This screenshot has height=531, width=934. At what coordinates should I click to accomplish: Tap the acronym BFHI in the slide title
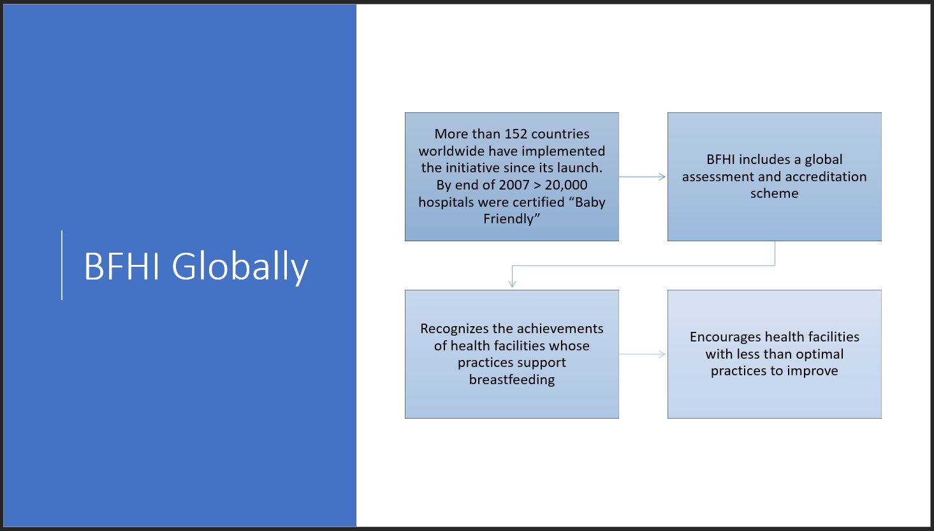[122, 266]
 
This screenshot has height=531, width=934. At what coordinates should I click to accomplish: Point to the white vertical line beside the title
[62, 265]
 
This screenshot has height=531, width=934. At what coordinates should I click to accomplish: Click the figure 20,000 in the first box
[566, 184]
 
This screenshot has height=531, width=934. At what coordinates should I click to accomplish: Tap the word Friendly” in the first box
[511, 219]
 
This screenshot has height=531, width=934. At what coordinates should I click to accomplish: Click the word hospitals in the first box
[446, 202]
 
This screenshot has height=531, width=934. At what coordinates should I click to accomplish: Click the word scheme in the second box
[775, 193]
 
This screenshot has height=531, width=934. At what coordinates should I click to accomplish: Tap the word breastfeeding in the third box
[511, 380]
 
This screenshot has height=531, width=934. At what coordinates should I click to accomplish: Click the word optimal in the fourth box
[820, 354]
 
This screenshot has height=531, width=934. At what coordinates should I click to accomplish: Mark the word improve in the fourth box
[813, 371]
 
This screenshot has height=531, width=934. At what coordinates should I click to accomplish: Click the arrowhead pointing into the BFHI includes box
[662, 177]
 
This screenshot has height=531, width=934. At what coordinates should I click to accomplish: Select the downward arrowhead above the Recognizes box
[512, 284]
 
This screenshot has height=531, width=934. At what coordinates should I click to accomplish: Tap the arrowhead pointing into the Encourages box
[662, 354]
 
